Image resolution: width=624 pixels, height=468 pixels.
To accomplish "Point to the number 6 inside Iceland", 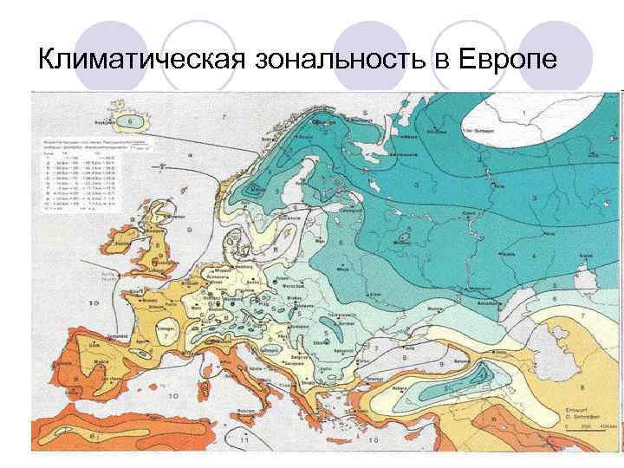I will [130, 121].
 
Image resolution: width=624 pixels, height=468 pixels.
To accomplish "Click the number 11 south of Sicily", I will [245, 441].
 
